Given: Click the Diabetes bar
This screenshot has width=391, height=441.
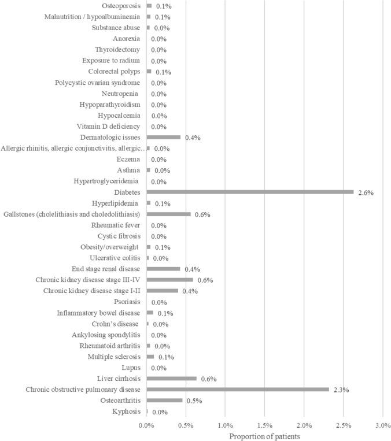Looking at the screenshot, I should point(250,192).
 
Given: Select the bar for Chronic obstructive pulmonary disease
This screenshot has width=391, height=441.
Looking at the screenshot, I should point(238,390).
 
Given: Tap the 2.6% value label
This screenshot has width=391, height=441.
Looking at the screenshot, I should point(366,192).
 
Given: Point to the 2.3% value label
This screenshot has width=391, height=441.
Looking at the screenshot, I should point(341,390).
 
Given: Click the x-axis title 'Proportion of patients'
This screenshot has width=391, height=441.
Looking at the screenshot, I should point(264,436).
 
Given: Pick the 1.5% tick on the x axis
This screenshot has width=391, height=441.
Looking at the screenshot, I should point(264,425).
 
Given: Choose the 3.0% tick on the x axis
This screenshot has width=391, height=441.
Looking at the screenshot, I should point(382,425).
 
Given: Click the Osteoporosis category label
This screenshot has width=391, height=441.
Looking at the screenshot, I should point(120,6).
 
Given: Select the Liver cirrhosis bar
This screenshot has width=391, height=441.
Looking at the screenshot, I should point(171,379).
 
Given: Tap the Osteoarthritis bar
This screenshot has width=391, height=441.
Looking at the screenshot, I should point(164,401).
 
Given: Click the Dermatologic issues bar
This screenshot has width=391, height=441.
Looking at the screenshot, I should point(164,138).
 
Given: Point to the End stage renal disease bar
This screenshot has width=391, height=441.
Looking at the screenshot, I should point(163,269).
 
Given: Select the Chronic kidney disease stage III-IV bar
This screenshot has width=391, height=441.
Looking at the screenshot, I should point(169,280).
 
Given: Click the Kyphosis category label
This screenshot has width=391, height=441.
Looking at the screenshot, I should point(126,412).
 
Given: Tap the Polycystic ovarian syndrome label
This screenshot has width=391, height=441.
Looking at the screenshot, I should point(97,83).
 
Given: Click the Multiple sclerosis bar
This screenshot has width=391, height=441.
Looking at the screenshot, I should point(150,357).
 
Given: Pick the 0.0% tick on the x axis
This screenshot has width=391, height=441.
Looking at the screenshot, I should point(146,425).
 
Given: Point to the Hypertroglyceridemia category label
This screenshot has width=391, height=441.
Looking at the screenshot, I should point(106,181).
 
